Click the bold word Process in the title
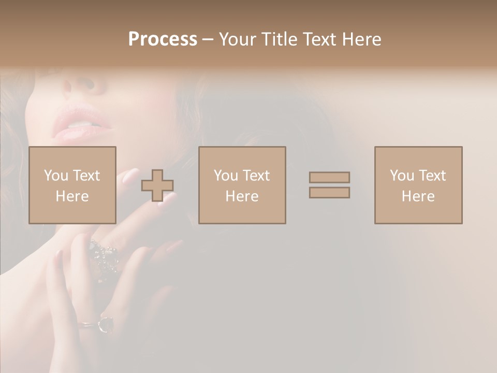163,39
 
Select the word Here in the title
359,39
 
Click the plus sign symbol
157,185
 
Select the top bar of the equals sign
329,177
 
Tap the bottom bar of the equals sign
329,193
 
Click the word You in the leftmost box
56,176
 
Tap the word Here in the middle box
242,196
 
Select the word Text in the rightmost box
432,176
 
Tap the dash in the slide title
208,39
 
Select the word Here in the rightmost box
418,196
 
